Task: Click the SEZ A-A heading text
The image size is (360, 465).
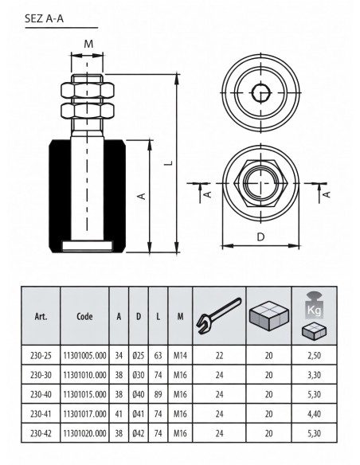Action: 44,18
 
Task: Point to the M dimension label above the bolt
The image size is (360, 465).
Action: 88,44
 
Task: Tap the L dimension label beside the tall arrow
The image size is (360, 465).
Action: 169,162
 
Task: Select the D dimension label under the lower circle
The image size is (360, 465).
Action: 260,237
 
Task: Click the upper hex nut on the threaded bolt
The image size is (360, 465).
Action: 87,90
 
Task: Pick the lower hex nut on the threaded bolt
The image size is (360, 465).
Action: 87,110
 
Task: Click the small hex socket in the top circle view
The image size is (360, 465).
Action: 261,93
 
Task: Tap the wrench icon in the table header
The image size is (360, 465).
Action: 219,316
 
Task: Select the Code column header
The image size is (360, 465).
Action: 84,316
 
